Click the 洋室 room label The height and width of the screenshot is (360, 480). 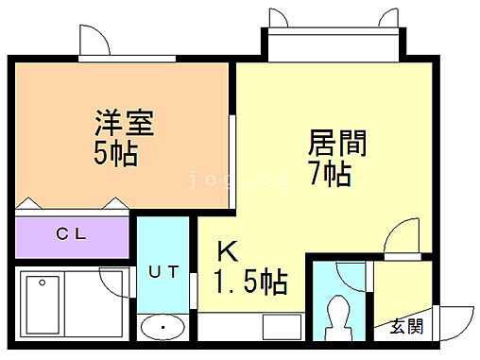click(124, 123)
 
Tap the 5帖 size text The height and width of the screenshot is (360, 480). click(115, 154)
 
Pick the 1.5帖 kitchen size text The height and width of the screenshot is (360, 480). click(249, 281)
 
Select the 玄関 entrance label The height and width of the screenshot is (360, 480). click(407, 328)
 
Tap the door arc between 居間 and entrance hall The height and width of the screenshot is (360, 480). click(404, 234)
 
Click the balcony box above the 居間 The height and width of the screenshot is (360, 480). click(332, 43)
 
